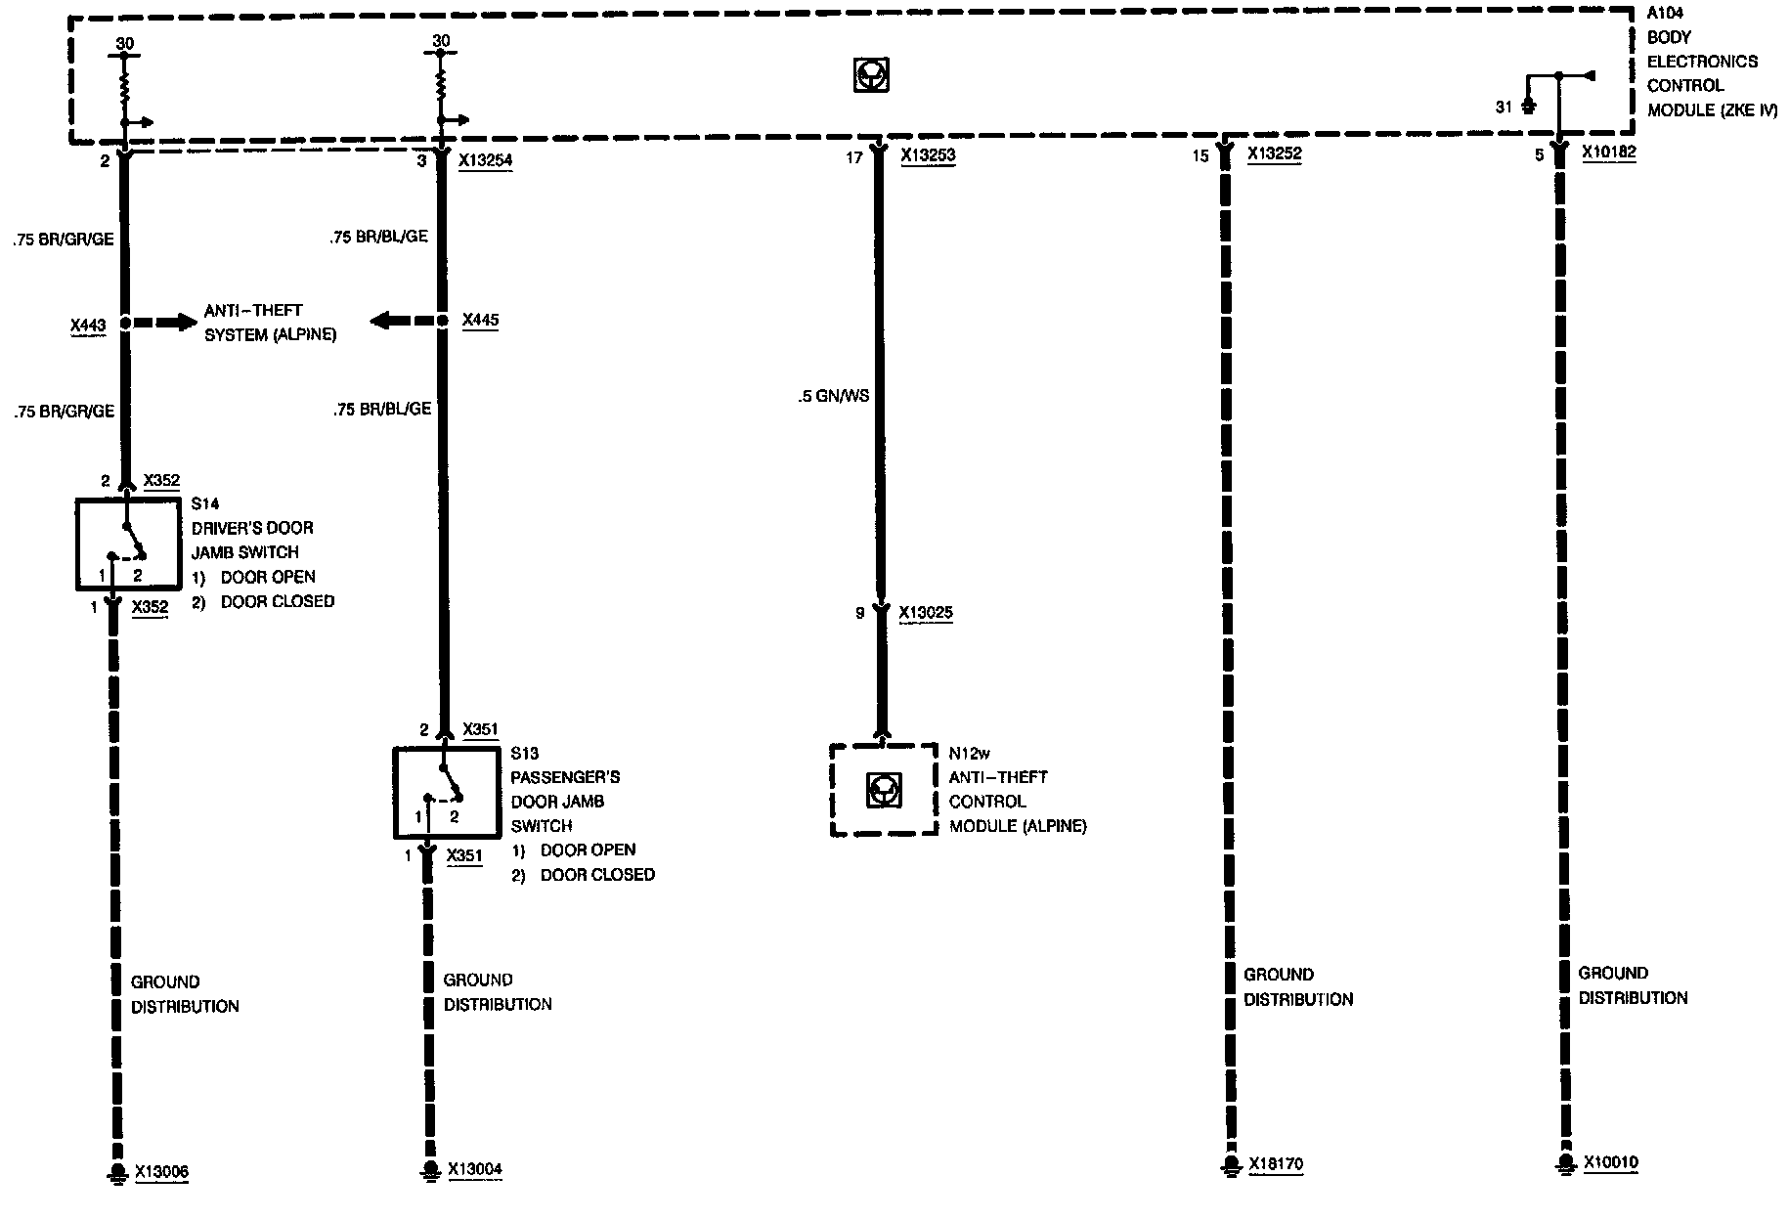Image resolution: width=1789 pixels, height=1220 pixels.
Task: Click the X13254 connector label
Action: tap(485, 160)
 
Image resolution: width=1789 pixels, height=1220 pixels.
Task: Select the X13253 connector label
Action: tap(927, 155)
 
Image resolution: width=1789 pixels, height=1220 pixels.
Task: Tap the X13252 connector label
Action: tap(1274, 154)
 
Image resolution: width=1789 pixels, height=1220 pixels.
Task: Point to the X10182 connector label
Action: tap(1608, 152)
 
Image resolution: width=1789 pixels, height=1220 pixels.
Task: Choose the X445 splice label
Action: tap(480, 321)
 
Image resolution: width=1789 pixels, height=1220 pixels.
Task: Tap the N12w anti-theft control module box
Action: tap(884, 790)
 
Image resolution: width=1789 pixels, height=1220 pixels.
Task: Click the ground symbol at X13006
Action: tap(117, 1171)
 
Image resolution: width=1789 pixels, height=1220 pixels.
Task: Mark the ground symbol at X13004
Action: tap(430, 1170)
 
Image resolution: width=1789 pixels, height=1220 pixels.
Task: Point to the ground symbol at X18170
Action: tap(1230, 1164)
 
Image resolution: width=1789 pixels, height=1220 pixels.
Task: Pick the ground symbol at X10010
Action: tap(1565, 1162)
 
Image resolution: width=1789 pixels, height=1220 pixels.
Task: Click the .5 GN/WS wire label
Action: tap(832, 396)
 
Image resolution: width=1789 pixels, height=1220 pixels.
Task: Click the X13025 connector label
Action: tap(926, 613)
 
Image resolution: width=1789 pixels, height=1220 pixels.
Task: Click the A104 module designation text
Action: tap(1665, 15)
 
